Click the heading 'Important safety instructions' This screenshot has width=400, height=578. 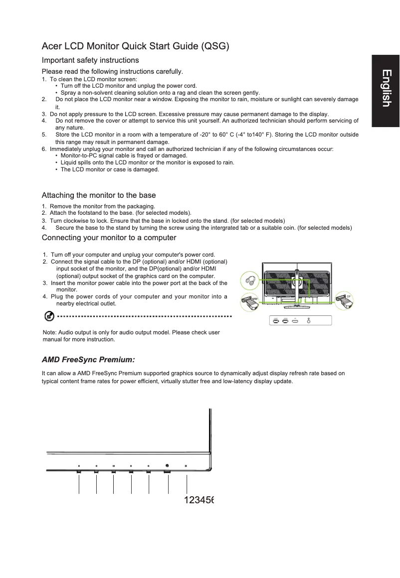pos(90,60)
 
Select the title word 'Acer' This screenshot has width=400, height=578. pos(52,47)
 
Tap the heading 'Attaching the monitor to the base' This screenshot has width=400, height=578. pos(99,195)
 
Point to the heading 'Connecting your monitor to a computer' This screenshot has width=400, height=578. pos(109,237)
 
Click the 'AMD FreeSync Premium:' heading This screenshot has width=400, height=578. pos(88,359)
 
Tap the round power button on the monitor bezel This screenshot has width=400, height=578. pos(167,466)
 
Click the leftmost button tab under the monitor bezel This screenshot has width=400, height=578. pos(79,471)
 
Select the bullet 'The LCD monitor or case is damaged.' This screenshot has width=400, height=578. pos(110,169)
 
